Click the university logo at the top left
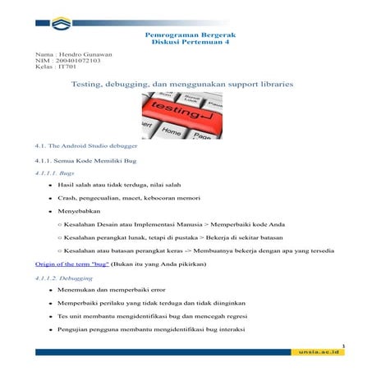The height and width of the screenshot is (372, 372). pos(61,22)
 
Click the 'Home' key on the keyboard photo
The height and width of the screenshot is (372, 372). pos(171,130)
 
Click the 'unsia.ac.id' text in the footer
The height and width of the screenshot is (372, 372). pos(323,352)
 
